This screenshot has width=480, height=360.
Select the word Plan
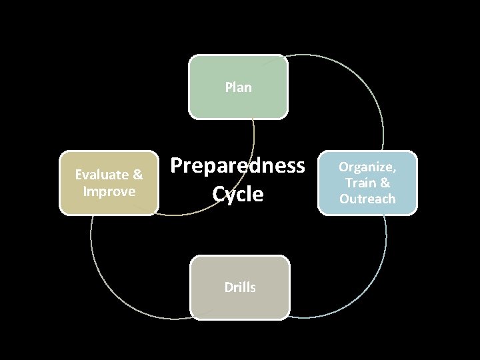click(239, 87)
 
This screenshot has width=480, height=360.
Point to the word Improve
click(109, 191)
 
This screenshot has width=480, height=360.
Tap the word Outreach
click(367, 199)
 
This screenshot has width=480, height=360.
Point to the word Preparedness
click(238, 165)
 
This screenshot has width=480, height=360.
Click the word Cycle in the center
click(238, 195)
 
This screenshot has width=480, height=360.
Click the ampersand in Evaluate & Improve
click(138, 175)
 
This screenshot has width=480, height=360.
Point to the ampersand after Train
click(385, 183)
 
